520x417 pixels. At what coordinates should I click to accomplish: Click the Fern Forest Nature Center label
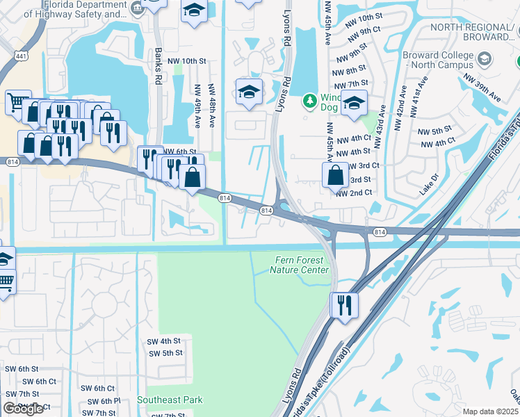[299, 265]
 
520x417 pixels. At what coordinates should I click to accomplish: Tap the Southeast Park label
[170, 400]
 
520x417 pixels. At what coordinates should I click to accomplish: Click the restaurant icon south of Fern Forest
[343, 304]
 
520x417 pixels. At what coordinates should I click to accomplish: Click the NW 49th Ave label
[197, 106]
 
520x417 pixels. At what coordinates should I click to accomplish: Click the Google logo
[23, 409]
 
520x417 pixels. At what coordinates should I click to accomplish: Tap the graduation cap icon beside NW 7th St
[355, 103]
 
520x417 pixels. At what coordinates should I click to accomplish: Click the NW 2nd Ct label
[354, 193]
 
